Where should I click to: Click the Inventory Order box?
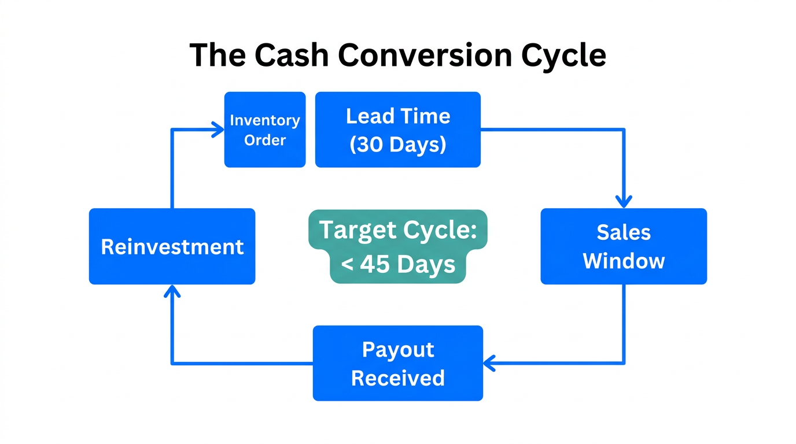tap(265, 129)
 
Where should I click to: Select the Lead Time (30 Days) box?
tap(398, 129)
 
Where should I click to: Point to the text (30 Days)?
tap(398, 144)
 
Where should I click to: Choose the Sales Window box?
tap(624, 246)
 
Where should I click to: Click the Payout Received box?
tap(398, 363)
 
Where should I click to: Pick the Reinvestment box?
tap(172, 246)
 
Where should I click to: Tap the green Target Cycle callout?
tap(398, 246)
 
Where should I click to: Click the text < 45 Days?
tap(398, 264)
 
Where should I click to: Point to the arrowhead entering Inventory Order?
tap(219, 129)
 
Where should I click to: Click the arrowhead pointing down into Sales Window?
tap(624, 202)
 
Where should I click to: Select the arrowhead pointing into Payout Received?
tap(489, 363)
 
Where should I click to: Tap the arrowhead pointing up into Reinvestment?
tap(172, 291)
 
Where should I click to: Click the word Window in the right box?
tap(624, 261)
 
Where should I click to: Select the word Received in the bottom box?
tap(398, 378)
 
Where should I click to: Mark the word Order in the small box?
tap(265, 140)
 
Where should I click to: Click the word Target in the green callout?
tap(354, 230)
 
